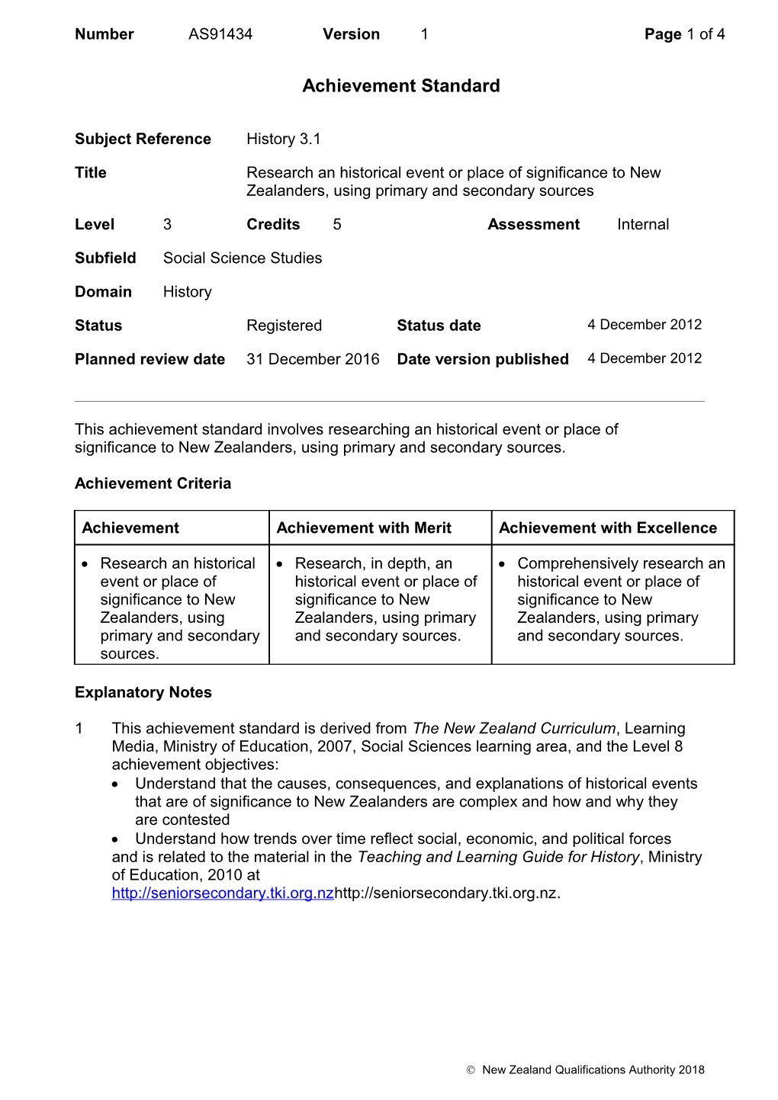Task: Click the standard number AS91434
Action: click(x=220, y=34)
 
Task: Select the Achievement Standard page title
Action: click(x=401, y=86)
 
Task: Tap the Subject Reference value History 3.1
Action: click(x=283, y=139)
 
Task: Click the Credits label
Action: click(x=273, y=224)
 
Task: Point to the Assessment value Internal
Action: click(x=643, y=224)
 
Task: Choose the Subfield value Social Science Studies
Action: click(x=243, y=258)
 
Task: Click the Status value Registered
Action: click(x=284, y=326)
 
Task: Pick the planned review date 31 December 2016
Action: click(x=313, y=359)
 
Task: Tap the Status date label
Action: click(x=439, y=326)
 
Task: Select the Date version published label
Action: click(x=483, y=359)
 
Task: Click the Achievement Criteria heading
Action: click(x=153, y=483)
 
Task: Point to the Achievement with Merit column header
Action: click(x=364, y=528)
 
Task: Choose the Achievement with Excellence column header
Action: click(x=608, y=528)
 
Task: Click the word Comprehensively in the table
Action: click(x=577, y=563)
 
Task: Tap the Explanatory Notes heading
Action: click(x=143, y=692)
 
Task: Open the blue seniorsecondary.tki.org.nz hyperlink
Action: click(x=223, y=893)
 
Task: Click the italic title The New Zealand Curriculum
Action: click(x=514, y=728)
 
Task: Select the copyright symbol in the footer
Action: click(x=471, y=1070)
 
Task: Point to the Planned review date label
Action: click(x=149, y=359)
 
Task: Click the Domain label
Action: click(x=103, y=292)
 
